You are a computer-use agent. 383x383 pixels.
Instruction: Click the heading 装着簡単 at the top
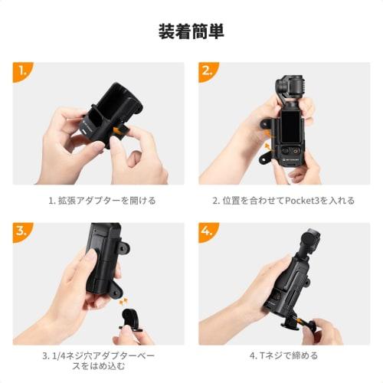pyautogui.click(x=191, y=31)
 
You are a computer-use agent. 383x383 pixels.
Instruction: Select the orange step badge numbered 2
pyautogui.click(x=207, y=73)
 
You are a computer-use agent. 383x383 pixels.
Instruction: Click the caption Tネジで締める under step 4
pyautogui.click(x=284, y=355)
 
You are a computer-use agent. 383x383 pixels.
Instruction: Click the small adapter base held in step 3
pyautogui.click(x=128, y=322)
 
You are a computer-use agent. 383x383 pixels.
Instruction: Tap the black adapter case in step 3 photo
pyautogui.click(x=103, y=260)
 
